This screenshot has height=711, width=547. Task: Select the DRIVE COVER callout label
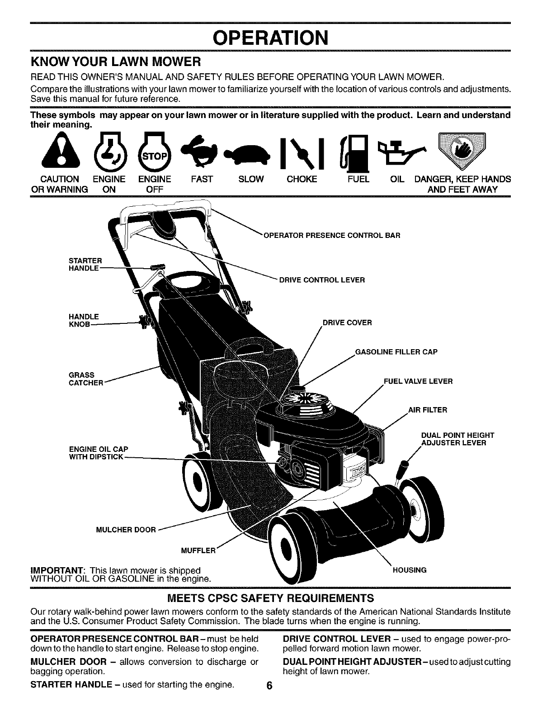click(347, 322)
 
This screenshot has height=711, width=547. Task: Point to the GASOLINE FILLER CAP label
click(396, 352)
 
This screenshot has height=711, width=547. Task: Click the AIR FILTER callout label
click(427, 410)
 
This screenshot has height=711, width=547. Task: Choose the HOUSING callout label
click(409, 570)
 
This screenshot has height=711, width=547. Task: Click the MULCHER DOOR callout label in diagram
click(126, 530)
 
